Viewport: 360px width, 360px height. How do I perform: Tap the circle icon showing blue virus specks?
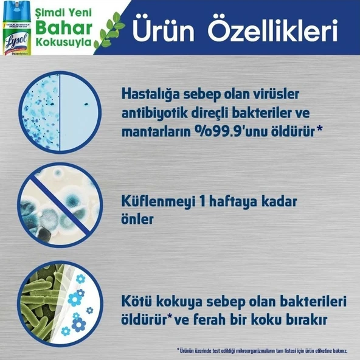point(57,111)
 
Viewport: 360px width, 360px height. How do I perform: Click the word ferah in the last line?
point(223,319)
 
